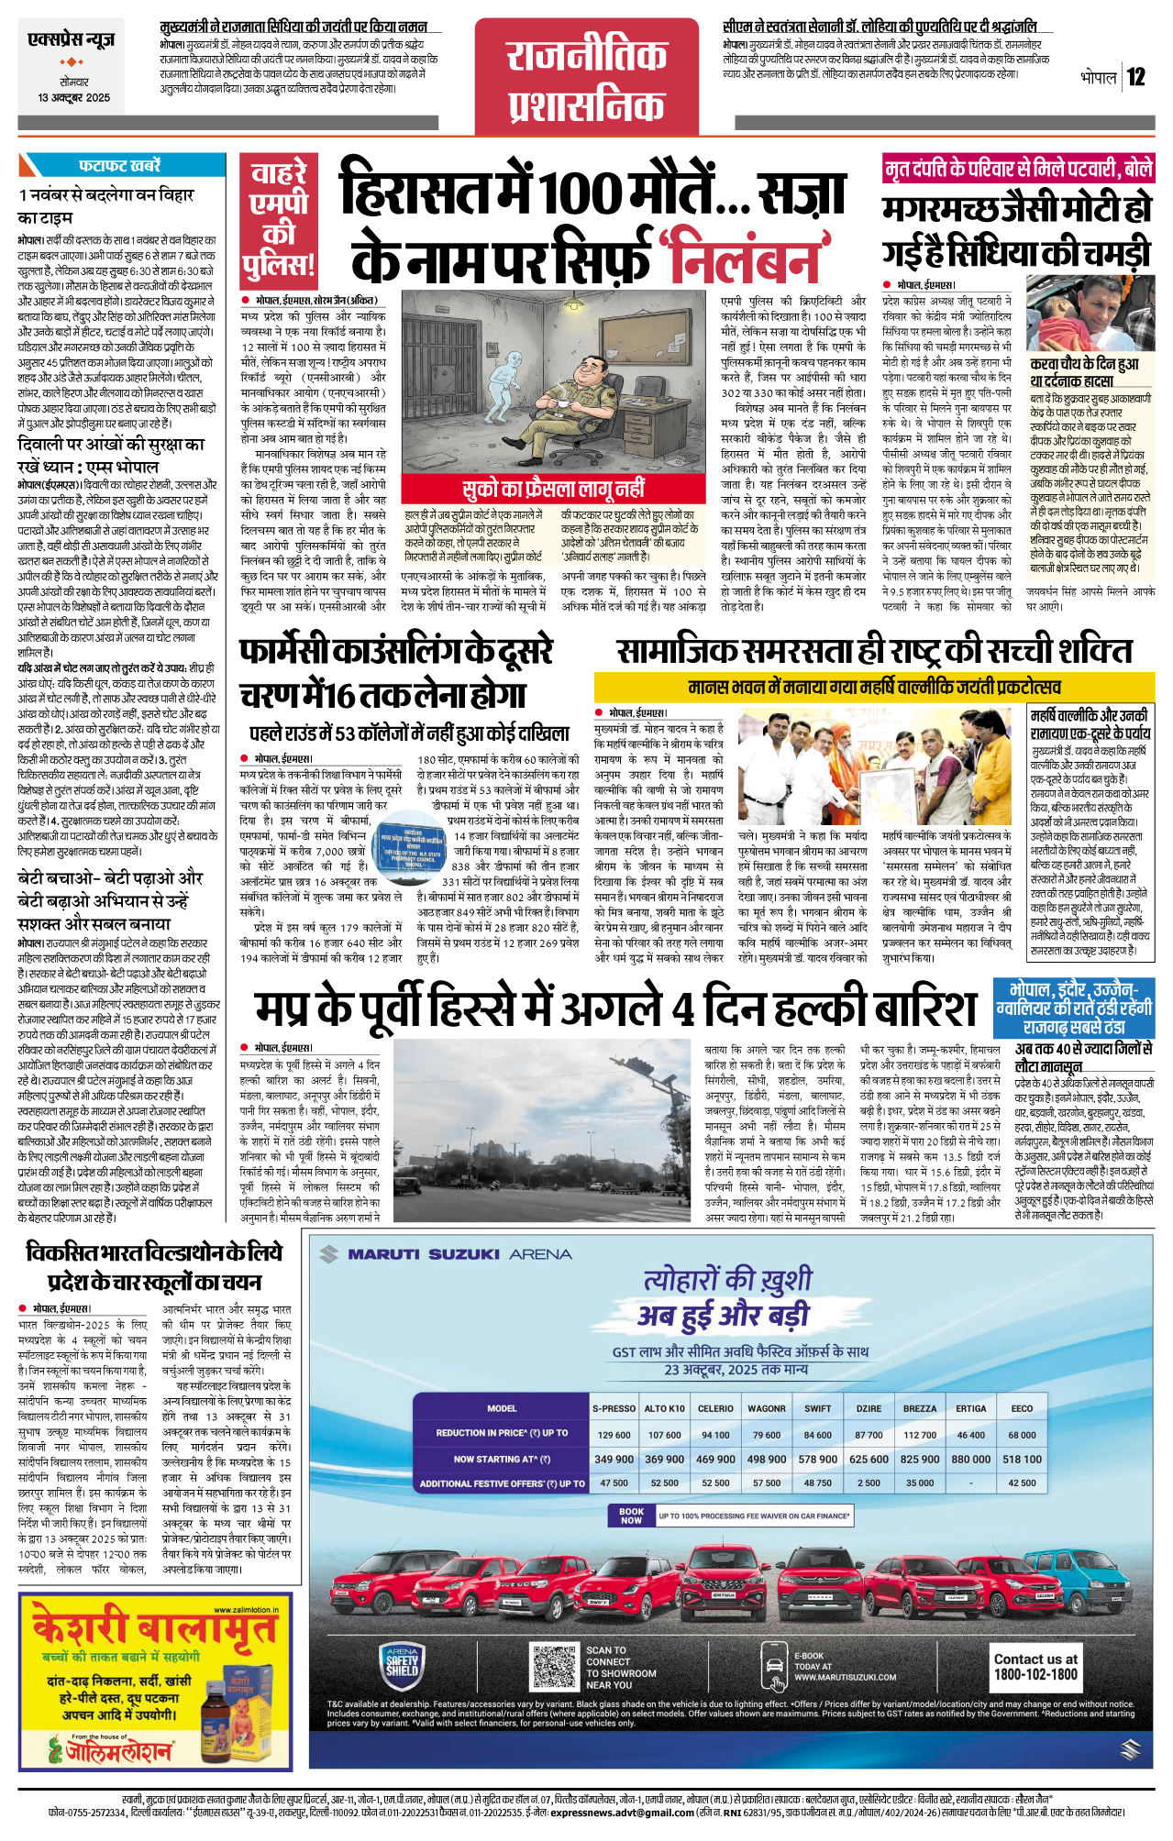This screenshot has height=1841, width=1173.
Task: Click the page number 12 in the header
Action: (x=1136, y=77)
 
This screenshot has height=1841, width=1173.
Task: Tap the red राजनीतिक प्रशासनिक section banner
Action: (x=587, y=82)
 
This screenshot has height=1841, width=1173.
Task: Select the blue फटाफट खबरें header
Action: (x=119, y=166)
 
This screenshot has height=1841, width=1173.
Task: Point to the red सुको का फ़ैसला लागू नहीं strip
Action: (x=554, y=490)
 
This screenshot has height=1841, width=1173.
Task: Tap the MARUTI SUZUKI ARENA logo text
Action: (x=459, y=1253)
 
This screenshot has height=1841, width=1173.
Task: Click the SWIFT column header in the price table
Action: (x=817, y=1408)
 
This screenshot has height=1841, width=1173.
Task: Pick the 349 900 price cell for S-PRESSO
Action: (x=614, y=1459)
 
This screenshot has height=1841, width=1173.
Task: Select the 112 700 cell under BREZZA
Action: (x=920, y=1435)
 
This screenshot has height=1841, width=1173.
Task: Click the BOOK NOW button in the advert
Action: (x=631, y=1516)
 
